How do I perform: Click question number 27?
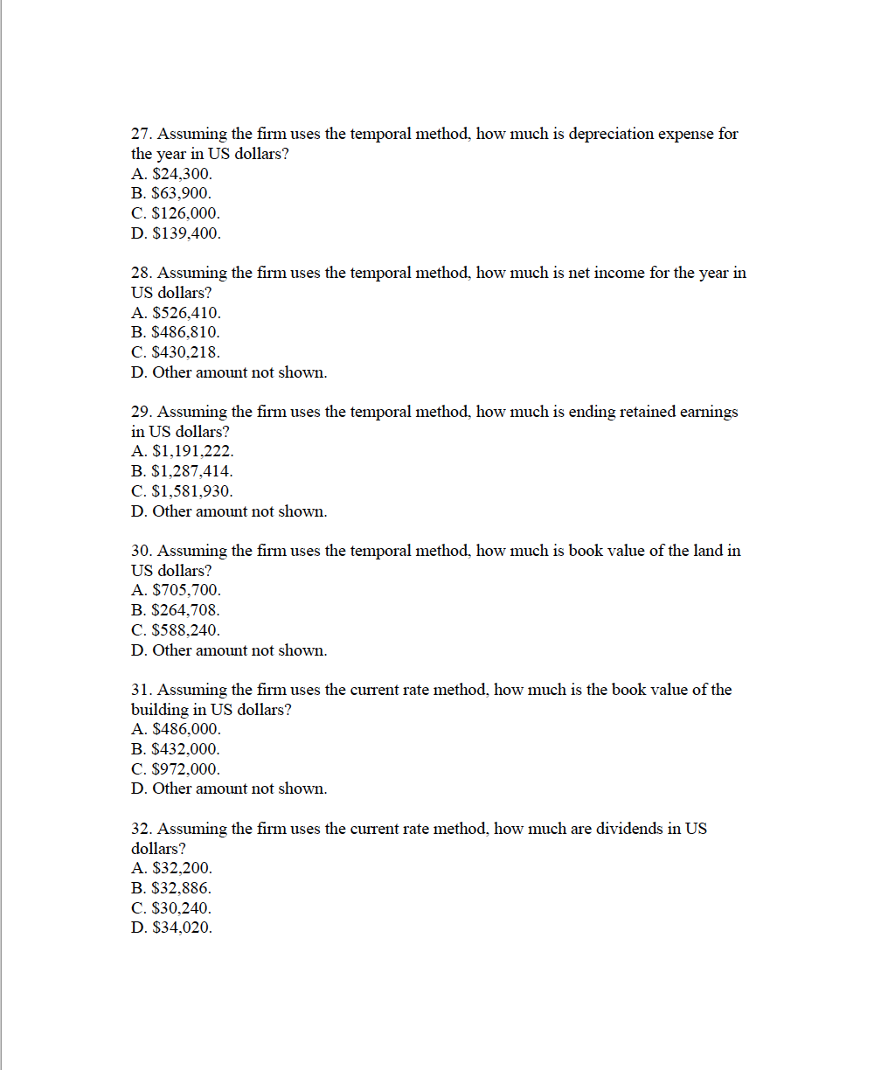coord(141,134)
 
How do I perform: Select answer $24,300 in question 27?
coord(171,174)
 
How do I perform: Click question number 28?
coord(141,273)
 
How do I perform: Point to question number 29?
coord(141,412)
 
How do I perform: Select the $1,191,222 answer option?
coord(183,452)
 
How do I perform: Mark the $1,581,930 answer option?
coord(183,491)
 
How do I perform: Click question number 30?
coord(141,551)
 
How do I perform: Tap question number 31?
coord(141,690)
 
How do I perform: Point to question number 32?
coord(141,829)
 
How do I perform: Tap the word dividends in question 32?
coord(628,829)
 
